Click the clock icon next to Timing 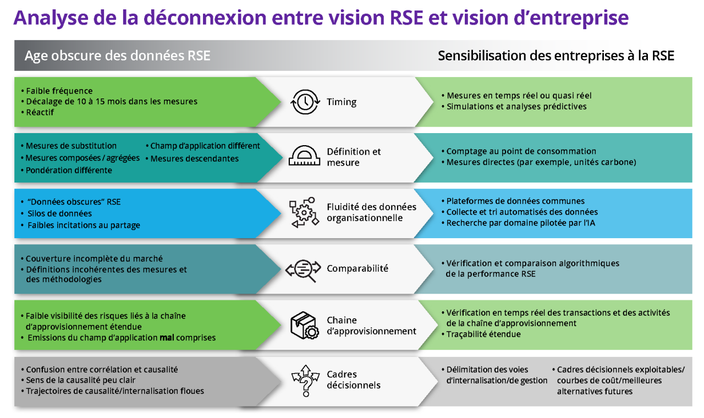pos(305,102)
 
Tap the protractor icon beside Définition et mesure pos(305,157)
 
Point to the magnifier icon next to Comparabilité pos(304,269)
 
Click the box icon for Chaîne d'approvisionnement pos(304,325)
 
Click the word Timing pos(342,102)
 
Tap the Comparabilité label pos(358,268)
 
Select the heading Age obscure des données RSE pos(117,56)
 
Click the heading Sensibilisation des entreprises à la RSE pos(555,56)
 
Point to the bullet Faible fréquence pos(59,91)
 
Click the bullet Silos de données pos(59,213)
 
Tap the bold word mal pos(167,338)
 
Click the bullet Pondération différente pos(68,170)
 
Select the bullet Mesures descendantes pos(194,158)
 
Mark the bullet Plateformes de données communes pos(515,201)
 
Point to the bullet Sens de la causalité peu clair pos(80,380)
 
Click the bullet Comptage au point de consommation pos(521,151)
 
